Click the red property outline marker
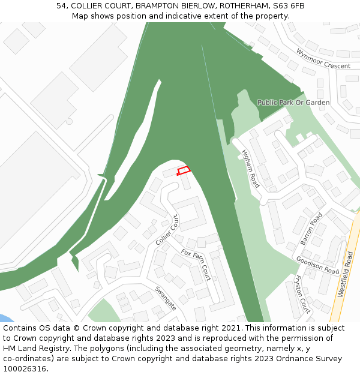click(184, 171)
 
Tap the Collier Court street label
click(169, 230)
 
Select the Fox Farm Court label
click(196, 265)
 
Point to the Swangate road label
click(166, 298)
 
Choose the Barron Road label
click(311, 229)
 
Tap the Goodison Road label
click(317, 265)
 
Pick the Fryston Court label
click(303, 294)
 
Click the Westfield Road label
click(346, 274)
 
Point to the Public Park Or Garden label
click(293, 103)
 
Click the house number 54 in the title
click(61, 6)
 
